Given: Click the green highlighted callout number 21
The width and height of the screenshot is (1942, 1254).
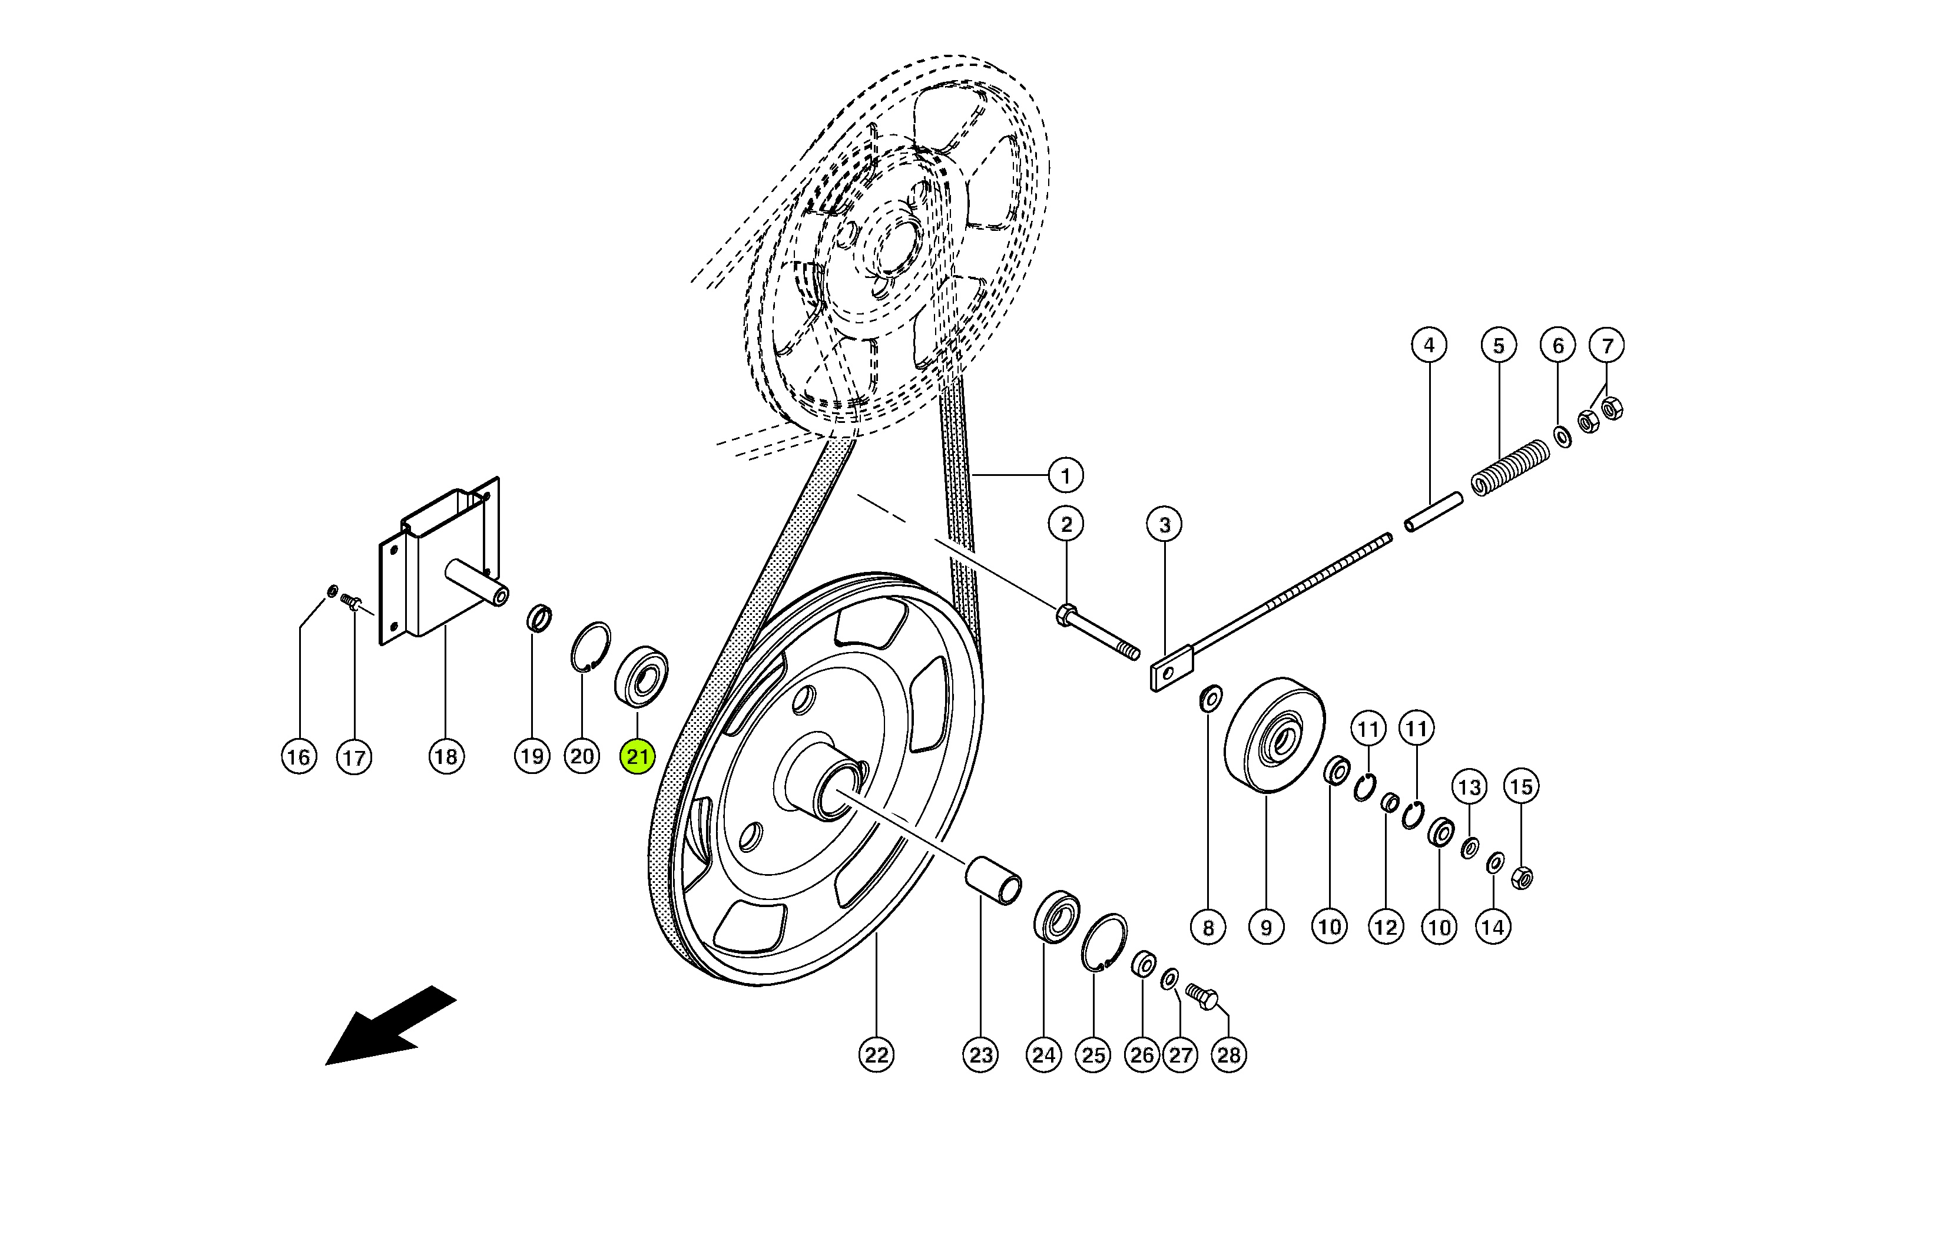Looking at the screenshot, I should pos(637,756).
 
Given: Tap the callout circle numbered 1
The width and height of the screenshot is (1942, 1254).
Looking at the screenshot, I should pos(1065,475).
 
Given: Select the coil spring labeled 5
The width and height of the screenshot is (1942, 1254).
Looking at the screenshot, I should pos(1510,468).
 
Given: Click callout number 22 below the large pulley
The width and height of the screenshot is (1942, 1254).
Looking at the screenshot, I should pos(876,1056).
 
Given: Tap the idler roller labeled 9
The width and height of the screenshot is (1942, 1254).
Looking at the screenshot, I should pos(1273,734).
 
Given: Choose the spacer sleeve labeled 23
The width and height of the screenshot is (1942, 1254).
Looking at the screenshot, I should pos(993,879).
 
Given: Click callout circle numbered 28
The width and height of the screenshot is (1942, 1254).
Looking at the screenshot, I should pos(1228,1056).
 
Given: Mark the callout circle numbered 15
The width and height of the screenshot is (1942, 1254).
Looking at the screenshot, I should pos(1520,786).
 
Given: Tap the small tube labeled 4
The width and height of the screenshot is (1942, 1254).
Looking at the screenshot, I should pos(1433,511).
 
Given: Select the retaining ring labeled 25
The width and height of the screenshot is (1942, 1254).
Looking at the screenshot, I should pos(1103,942).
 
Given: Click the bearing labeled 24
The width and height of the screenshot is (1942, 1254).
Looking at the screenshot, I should pos(1056,918).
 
